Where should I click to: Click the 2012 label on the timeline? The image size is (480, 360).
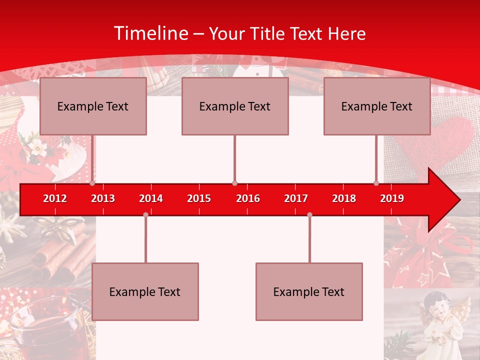coord(55,198)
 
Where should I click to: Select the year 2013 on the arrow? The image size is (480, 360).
coord(103,198)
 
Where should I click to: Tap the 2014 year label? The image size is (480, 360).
coord(151,198)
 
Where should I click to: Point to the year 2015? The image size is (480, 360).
coord(199,198)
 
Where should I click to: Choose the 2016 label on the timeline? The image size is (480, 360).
coord(248,198)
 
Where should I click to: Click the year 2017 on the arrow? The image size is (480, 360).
coord(296,198)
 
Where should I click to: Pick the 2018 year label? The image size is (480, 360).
coord(344,198)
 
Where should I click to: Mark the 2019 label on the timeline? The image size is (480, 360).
coord(392,198)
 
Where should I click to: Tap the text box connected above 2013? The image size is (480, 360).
coord(93,106)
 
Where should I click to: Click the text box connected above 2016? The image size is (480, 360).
coord(235,106)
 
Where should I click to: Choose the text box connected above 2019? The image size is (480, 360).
coord(377,106)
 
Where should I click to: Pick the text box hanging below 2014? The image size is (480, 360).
coord(145,291)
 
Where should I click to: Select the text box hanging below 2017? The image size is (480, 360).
coord(309,291)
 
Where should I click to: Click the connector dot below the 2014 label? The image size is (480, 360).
coord(145,214)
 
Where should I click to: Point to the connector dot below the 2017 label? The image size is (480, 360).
coord(309,214)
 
